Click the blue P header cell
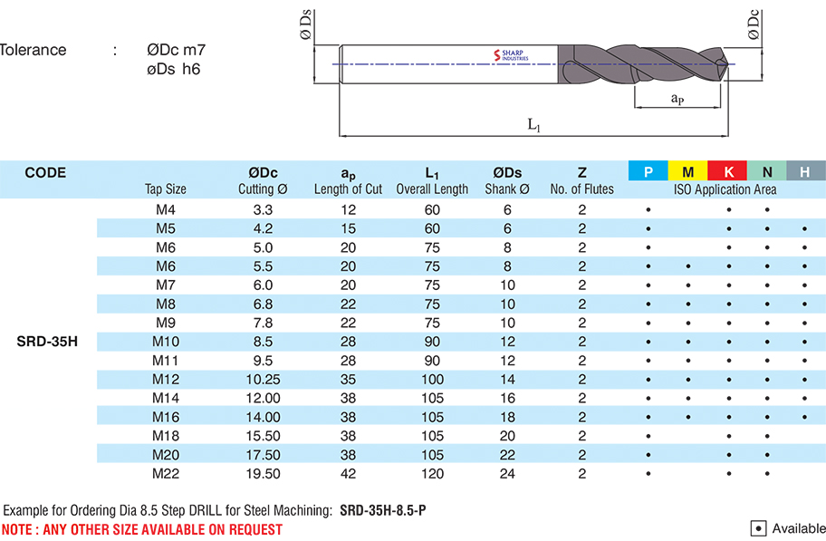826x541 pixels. click(648, 171)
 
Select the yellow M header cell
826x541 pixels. click(688, 171)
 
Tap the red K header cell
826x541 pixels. click(728, 171)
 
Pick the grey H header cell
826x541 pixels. click(805, 171)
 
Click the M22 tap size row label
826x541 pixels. click(165, 474)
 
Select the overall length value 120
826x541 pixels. click(432, 474)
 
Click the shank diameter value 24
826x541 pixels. click(507, 474)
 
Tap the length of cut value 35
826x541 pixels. click(348, 380)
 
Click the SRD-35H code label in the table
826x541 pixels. click(47, 342)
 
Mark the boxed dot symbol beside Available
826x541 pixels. click(760, 528)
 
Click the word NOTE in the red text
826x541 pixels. click(20, 528)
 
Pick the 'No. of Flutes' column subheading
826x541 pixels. click(581, 189)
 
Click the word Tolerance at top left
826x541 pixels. click(34, 50)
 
